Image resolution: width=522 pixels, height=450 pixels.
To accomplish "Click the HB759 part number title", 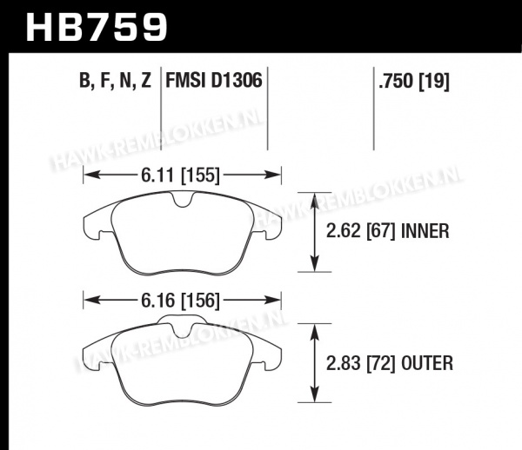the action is click(x=97, y=28).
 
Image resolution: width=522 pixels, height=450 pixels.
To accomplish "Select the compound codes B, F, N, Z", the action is click(x=115, y=81).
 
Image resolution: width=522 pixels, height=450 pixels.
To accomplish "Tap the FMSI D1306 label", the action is click(x=214, y=81).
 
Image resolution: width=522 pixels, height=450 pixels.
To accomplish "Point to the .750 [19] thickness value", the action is click(x=414, y=81).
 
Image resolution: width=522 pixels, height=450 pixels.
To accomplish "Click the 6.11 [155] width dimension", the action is click(x=180, y=175).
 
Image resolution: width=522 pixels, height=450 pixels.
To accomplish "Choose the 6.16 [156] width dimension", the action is click(x=180, y=301).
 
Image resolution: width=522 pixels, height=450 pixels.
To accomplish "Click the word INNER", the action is click(x=425, y=231).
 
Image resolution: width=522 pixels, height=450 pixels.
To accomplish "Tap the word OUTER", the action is click(x=427, y=363).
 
